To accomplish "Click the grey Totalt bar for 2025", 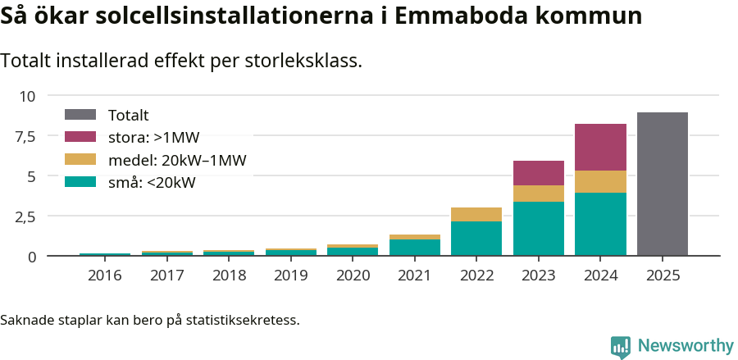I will coord(662,185).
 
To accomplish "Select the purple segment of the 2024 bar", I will coord(600,148).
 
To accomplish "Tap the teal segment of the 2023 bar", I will coord(539,229).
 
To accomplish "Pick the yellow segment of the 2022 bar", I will coord(476,214).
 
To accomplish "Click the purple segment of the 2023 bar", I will coord(539,173).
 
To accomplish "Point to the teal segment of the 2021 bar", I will coord(414,248).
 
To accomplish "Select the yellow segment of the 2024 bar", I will coord(600,181).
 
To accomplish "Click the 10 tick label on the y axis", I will coord(28,96).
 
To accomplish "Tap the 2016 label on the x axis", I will coord(104,276).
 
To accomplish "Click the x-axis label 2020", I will coord(353,276).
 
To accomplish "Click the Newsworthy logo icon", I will coord(620,347).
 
